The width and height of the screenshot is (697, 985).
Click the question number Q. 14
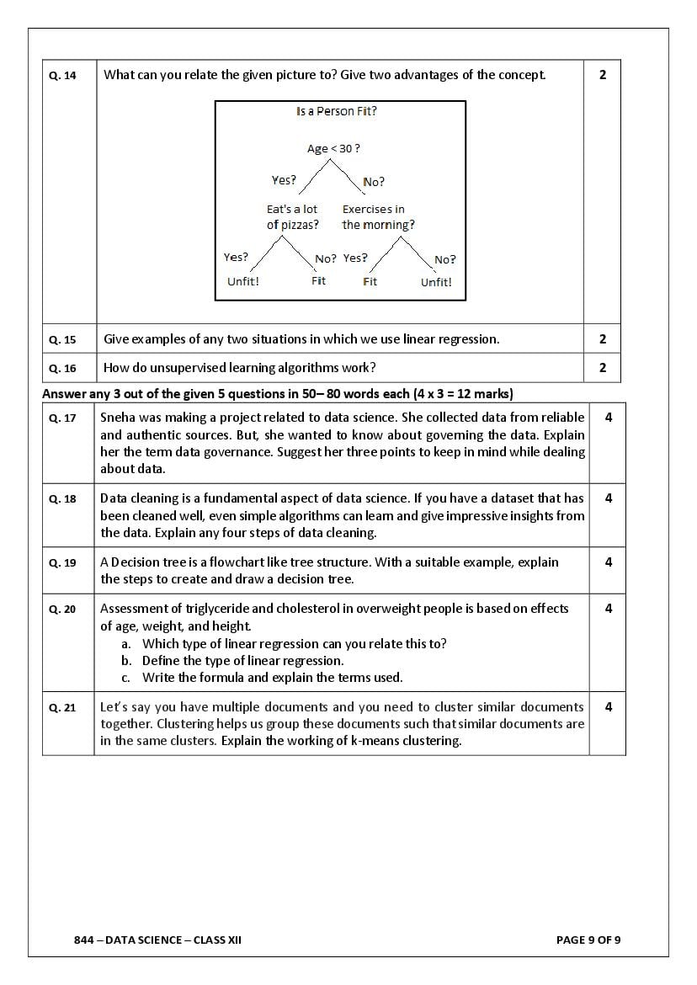[x=62, y=76]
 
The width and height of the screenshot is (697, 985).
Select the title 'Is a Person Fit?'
[x=337, y=111]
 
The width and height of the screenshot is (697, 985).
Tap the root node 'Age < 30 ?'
[x=333, y=148]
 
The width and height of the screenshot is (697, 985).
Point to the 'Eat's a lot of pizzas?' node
[x=293, y=217]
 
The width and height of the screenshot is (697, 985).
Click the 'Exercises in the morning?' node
[x=378, y=217]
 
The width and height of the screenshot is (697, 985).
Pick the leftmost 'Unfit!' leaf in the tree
[x=243, y=281]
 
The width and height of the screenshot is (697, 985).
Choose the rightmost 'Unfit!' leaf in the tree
[x=436, y=282]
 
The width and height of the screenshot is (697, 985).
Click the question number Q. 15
[x=62, y=340]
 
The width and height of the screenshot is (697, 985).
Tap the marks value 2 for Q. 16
[x=603, y=368]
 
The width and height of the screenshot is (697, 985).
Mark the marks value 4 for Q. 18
[x=609, y=498]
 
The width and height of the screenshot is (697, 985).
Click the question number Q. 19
[x=62, y=563]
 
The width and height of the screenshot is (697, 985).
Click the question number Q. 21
[x=62, y=708]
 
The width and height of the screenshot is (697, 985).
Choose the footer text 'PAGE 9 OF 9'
[x=588, y=940]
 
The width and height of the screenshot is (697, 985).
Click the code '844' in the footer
[x=83, y=940]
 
